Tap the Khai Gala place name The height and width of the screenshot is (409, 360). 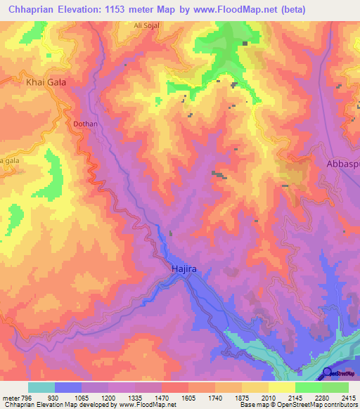[x=46, y=82]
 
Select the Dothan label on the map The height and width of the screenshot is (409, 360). [x=85, y=124]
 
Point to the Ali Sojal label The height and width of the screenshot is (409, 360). [x=147, y=25]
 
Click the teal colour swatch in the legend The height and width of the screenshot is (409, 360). [x=41, y=387]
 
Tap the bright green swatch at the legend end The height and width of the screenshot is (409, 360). [x=335, y=387]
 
